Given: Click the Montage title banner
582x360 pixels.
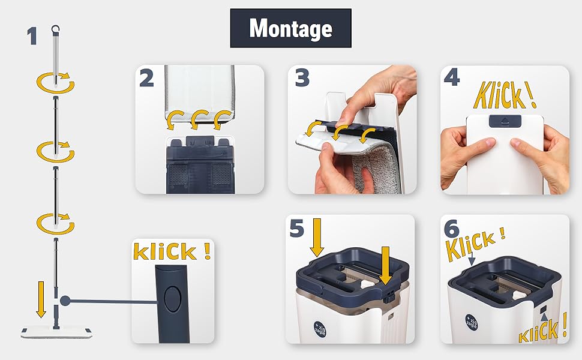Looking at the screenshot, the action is pos(290,28).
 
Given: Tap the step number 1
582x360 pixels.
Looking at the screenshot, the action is pos(32,37).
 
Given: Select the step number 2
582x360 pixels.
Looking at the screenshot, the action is pos(146,79).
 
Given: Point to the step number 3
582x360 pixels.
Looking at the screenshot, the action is pos(302,78).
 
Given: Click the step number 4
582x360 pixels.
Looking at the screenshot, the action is pos(452,78).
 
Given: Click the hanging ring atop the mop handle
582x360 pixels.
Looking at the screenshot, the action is pos(56,28).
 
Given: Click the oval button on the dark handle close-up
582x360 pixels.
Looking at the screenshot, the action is pos(173,298).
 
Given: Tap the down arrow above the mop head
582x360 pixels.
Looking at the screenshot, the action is pos(41,299).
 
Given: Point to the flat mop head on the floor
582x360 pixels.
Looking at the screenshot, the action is pos(56,331).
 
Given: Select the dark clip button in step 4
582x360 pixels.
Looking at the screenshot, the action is pos(505,121).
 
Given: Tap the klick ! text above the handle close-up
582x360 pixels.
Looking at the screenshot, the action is pos(172,251).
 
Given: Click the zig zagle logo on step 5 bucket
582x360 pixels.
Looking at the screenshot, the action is pos(320,328).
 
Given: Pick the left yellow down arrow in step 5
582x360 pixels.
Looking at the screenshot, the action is pos(317,238).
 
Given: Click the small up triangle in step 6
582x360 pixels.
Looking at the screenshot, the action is pos(544,317).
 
